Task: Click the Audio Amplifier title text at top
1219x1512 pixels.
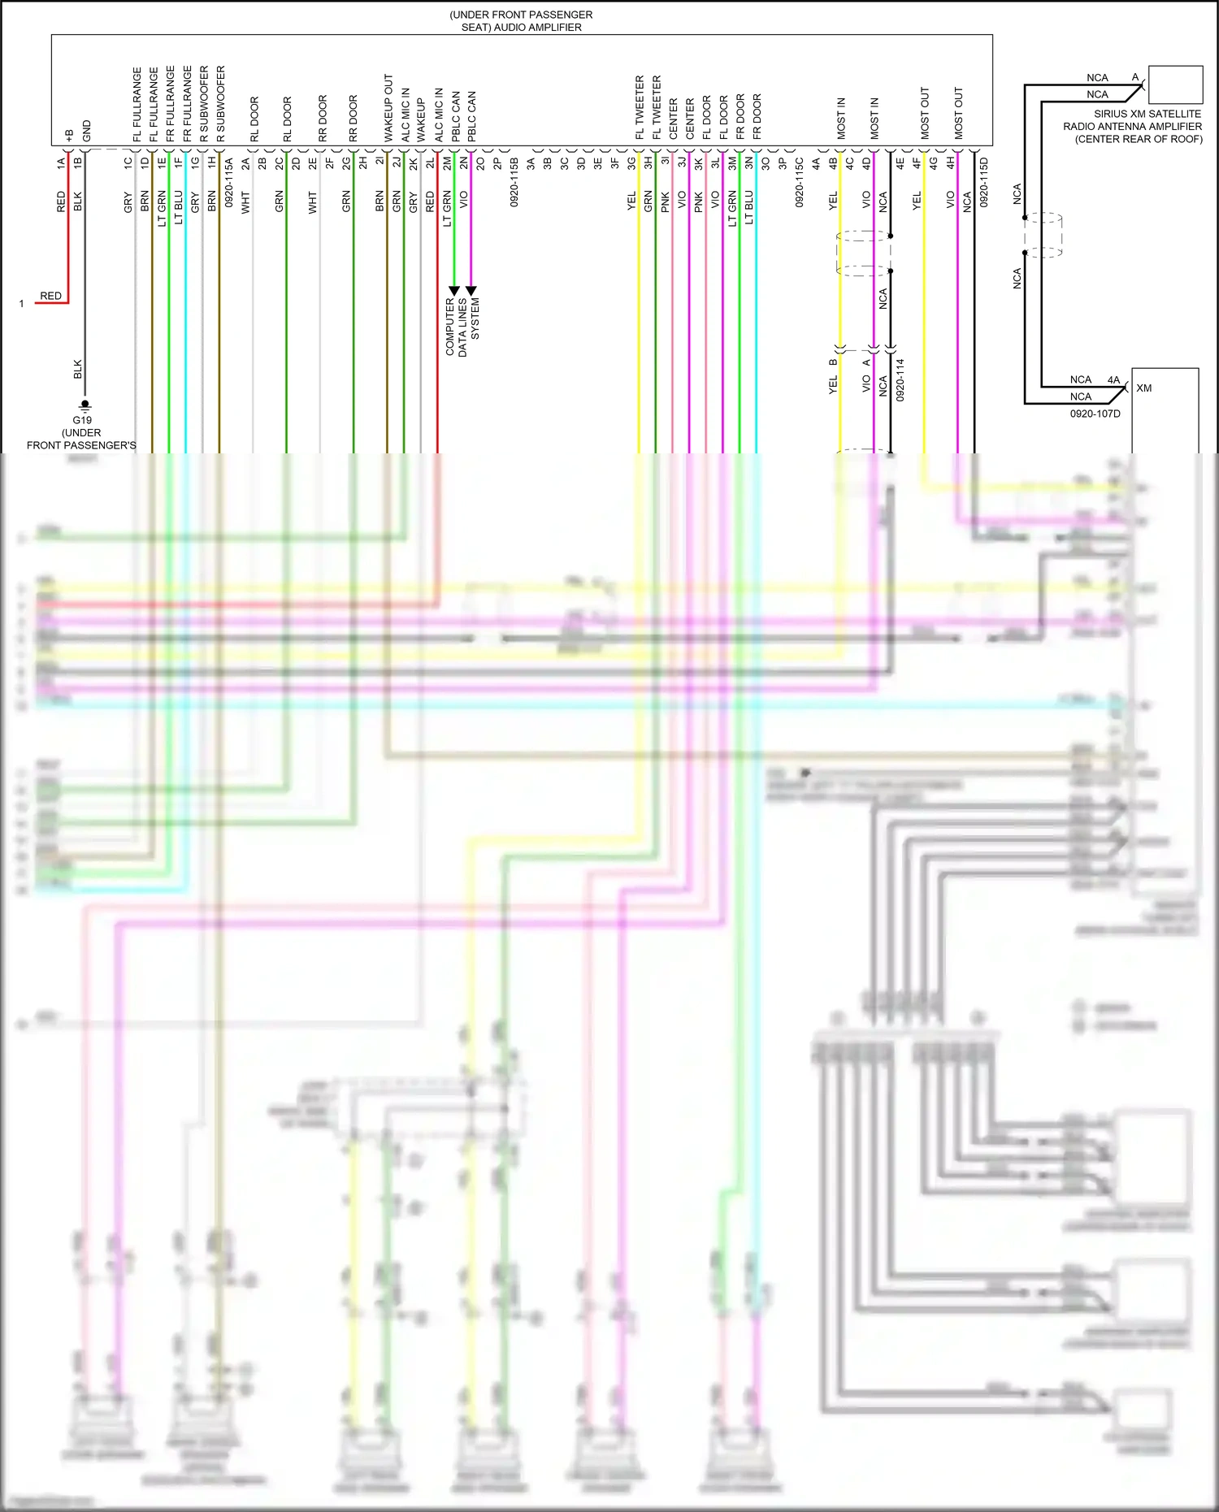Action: (x=521, y=21)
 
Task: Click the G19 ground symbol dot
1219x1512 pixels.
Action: (x=85, y=403)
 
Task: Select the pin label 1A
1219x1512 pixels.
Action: (x=61, y=162)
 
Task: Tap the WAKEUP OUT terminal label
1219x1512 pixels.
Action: (x=388, y=108)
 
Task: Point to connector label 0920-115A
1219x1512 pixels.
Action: (x=228, y=182)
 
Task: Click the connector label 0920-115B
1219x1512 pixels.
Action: (x=514, y=182)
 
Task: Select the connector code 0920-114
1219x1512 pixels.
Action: (x=900, y=379)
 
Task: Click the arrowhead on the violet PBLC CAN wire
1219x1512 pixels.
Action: (x=471, y=290)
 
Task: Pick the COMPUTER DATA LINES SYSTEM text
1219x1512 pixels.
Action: (x=462, y=327)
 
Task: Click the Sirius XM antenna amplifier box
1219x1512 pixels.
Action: (x=1175, y=84)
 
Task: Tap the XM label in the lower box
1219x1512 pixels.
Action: (x=1144, y=388)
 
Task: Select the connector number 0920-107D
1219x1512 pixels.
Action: (x=1095, y=414)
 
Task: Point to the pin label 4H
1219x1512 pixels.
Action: (x=950, y=162)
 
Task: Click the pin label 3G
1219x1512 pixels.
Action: (x=631, y=162)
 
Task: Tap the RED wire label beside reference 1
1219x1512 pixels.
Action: (x=50, y=296)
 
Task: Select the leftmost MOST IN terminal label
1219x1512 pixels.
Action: (x=841, y=118)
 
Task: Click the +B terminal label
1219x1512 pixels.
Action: (x=69, y=134)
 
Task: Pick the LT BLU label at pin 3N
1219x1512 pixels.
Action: (x=748, y=207)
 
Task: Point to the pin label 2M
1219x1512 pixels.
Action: (x=447, y=162)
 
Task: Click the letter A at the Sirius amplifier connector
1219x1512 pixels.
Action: (x=1135, y=77)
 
